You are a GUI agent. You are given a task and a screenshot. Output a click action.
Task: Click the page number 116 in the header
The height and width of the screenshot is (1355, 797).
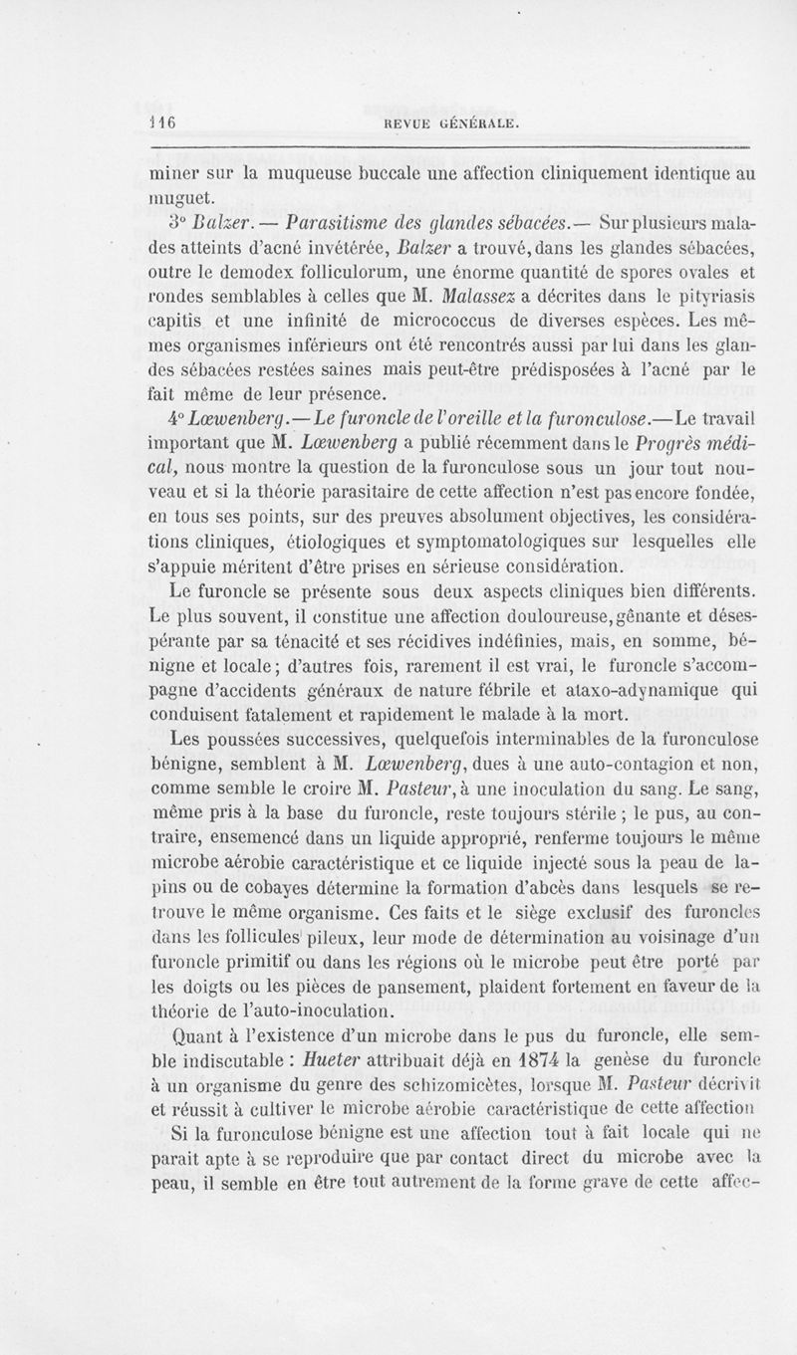161,123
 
